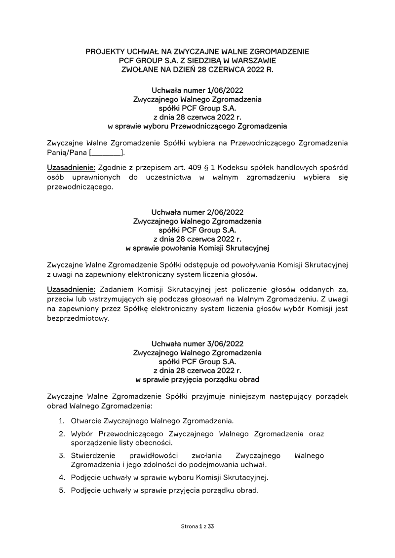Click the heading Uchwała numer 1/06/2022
pos(197,90)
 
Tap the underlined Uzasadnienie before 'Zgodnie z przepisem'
pos(71,167)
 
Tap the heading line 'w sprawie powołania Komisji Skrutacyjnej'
pos(197,248)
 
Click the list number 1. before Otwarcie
pos(62,421)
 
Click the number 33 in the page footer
pos(211,526)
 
